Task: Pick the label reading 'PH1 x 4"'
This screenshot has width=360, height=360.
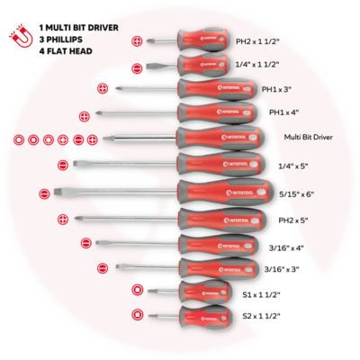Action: (284, 112)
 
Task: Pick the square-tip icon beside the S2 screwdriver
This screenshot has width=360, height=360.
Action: (138, 316)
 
